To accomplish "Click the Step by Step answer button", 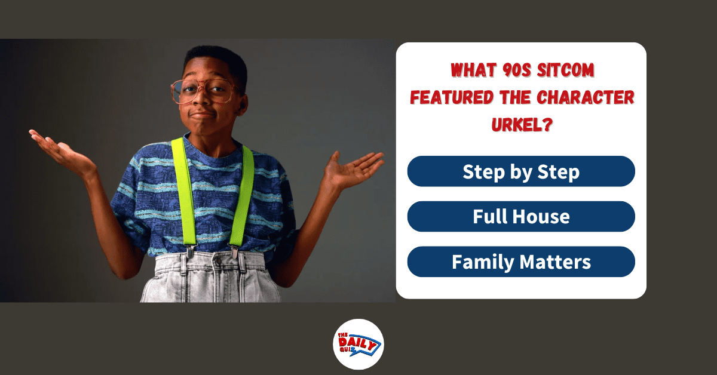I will (521, 171).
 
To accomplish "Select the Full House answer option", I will (521, 216).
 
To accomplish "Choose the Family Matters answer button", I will (521, 262).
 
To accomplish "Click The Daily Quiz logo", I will (358, 344).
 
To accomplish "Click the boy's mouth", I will (203, 113).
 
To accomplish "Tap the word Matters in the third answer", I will (555, 262).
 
